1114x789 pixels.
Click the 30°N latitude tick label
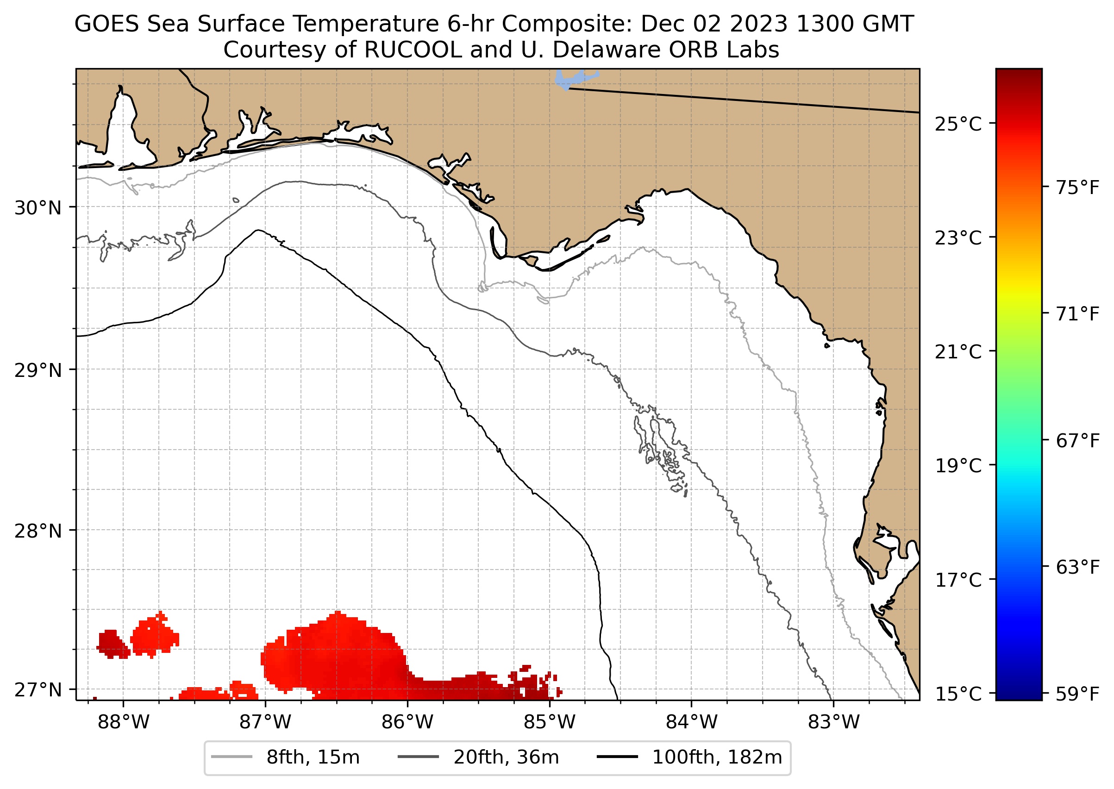[x=38, y=208]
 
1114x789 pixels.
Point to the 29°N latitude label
[x=38, y=371]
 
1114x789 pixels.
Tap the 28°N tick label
[x=38, y=532]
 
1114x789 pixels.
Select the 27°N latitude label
[x=38, y=690]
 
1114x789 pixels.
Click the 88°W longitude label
[x=124, y=722]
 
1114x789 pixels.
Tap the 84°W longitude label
[x=691, y=722]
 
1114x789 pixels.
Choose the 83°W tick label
[x=834, y=722]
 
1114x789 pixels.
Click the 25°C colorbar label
[x=958, y=125]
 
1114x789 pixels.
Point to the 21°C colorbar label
[x=958, y=352]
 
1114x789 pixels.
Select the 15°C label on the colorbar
[x=958, y=694]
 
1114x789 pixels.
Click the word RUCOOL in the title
[x=413, y=50]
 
